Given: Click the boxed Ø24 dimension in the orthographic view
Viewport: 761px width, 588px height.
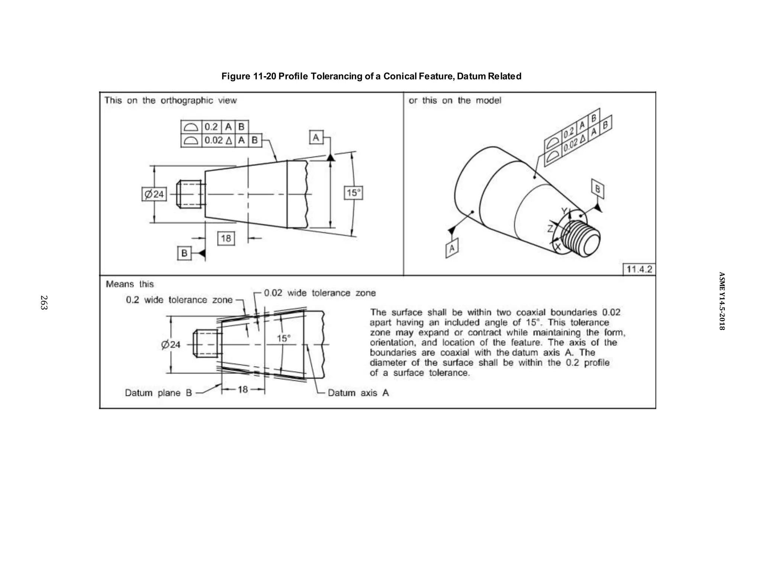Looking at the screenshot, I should point(154,194).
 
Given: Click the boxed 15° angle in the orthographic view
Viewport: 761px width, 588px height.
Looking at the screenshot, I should point(353,193).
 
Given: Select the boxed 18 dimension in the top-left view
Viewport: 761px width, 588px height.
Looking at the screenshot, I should point(226,238).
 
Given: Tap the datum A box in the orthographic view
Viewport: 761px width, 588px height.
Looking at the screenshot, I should point(316,138).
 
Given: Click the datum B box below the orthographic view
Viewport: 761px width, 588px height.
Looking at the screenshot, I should point(184,253).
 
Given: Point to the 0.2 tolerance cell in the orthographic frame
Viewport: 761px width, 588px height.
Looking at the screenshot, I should point(211,127).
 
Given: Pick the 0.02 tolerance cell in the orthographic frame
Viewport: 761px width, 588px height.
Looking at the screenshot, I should point(218,140).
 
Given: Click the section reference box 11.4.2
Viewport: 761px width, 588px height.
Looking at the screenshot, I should point(639,269).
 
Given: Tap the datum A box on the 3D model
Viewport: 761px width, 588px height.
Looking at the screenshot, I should point(452,248).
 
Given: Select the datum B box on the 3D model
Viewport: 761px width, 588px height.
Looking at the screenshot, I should point(598,189).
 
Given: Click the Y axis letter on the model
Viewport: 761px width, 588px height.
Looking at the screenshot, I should point(564,211).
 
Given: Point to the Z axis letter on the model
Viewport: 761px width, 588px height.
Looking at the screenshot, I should point(551,229).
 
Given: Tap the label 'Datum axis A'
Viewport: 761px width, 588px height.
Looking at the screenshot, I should point(358,393).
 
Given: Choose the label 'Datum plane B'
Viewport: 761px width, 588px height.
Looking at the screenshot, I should point(158,393).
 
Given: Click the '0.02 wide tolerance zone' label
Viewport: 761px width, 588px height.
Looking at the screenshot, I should point(320,293).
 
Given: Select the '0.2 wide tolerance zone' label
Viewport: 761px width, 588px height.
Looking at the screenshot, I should point(179,300).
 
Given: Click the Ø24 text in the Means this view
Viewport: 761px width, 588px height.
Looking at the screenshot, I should point(171,345).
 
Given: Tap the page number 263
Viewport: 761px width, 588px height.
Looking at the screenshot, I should point(44,302).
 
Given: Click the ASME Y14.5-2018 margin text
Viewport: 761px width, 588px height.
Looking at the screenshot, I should point(721,301).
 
